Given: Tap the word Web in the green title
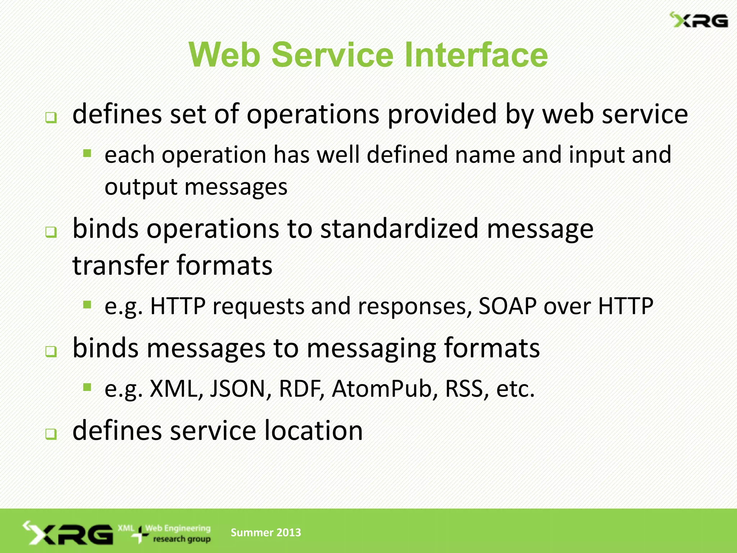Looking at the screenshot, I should click(225, 55).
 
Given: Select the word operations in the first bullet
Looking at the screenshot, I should click(313, 114).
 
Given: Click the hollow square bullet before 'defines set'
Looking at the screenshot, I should click(51, 118).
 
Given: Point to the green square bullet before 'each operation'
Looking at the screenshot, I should click(87, 154).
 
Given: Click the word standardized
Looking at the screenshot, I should click(399, 229).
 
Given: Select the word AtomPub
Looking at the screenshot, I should click(382, 389).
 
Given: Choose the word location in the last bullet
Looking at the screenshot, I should click(313, 431).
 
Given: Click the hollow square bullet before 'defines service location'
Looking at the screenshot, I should click(51, 434).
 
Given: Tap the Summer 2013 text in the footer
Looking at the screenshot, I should click(266, 532).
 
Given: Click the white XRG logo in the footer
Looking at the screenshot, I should click(68, 533).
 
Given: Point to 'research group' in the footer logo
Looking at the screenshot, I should click(182, 539).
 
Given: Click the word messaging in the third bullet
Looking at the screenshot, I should click(371, 349).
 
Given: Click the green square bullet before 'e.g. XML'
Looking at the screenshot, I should click(87, 388).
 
